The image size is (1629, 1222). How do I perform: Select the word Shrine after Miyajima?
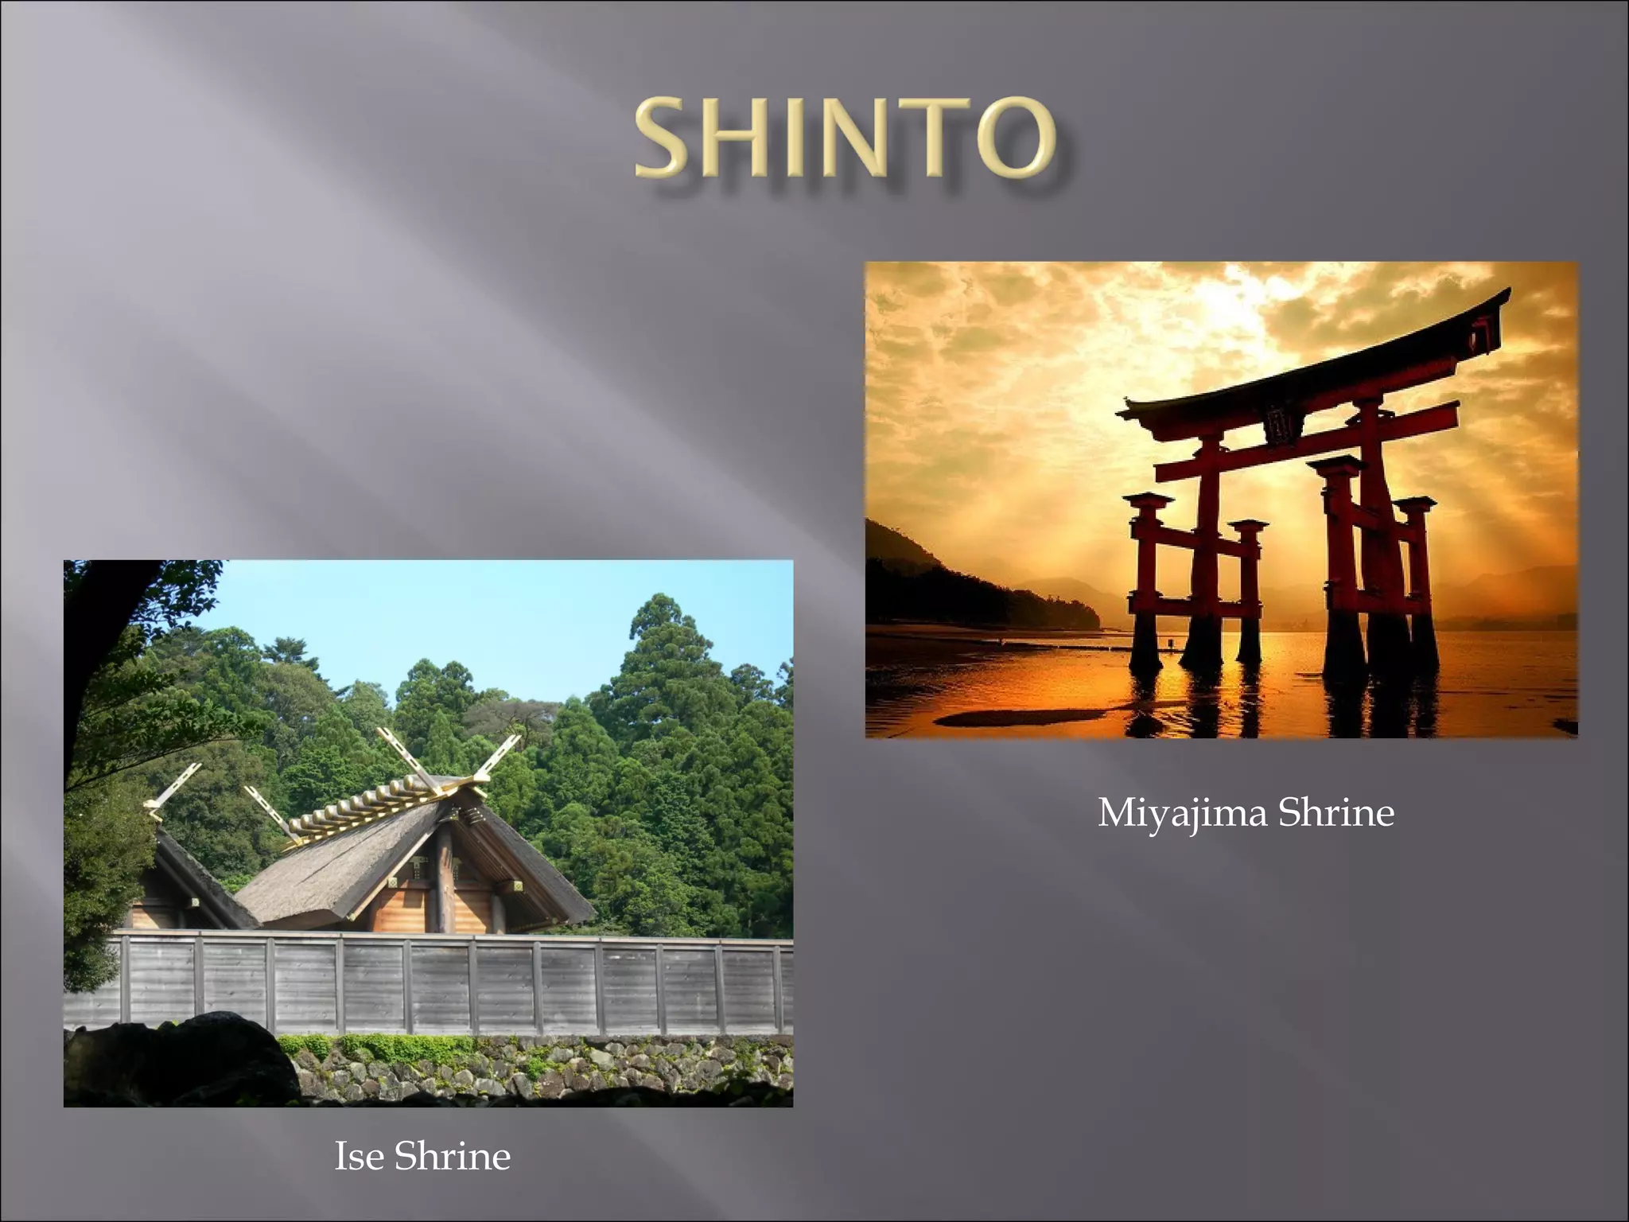(1336, 813)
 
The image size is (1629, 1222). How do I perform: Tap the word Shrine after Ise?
(452, 1156)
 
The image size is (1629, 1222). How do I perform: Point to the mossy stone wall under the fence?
(557, 1070)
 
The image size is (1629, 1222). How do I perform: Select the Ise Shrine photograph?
(428, 833)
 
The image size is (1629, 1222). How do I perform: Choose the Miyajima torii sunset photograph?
(1221, 500)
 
